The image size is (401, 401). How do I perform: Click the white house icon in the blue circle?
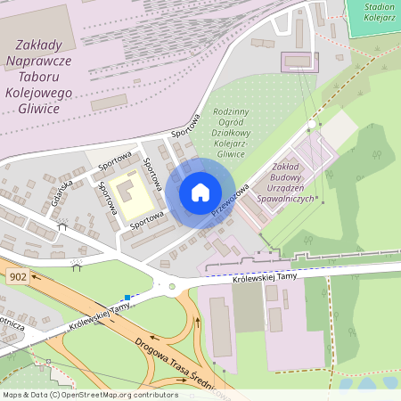click(200, 192)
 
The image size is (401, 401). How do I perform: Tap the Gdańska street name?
click(61, 190)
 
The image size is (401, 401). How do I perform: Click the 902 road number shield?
click(17, 277)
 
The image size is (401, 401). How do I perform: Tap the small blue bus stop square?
click(128, 297)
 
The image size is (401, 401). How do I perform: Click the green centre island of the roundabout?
click(171, 287)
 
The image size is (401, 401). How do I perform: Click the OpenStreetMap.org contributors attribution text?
click(89, 394)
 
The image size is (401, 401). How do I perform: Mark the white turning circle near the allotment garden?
click(311, 124)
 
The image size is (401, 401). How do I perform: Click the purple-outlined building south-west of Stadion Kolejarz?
click(299, 61)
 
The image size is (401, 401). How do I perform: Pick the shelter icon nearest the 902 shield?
click(78, 264)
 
